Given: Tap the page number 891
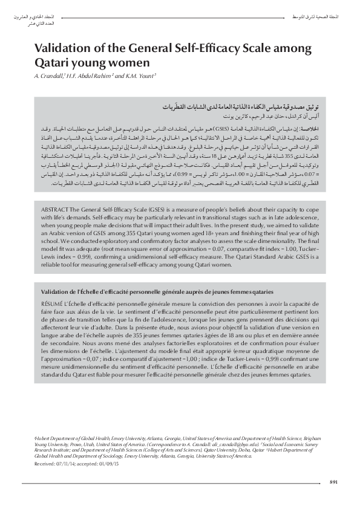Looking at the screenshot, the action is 333,481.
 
